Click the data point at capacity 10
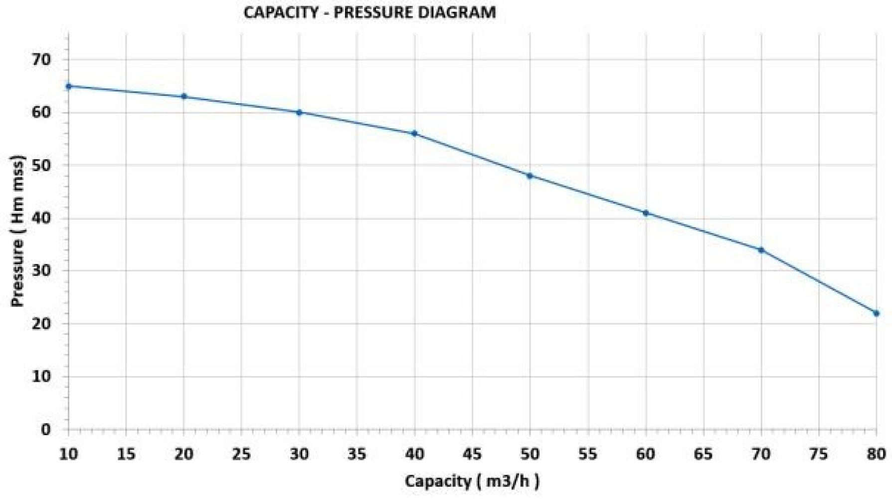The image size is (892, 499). click(69, 86)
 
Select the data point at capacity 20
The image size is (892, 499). click(184, 96)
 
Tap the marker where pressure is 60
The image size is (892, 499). click(299, 112)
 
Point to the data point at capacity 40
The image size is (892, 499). click(414, 133)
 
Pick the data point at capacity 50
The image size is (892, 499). click(530, 176)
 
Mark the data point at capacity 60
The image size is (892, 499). click(646, 213)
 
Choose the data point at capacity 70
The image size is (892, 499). click(761, 250)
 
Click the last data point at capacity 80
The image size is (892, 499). click(876, 313)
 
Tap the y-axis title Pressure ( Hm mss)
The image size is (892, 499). click(18, 231)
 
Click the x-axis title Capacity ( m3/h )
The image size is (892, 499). click(472, 482)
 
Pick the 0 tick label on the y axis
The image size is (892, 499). click(46, 429)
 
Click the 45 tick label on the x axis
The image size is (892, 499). click(472, 454)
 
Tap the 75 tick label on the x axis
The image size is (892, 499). click(819, 454)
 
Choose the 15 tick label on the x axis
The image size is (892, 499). click(126, 454)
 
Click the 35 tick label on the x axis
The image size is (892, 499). click(357, 454)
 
